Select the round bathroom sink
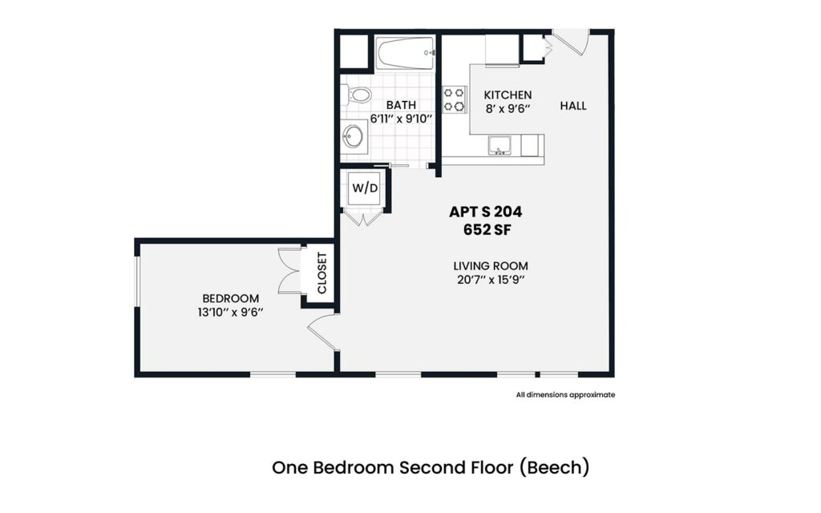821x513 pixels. point(353,135)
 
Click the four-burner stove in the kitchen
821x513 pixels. point(455,99)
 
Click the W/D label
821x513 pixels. point(364,189)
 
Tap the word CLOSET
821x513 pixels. point(322,273)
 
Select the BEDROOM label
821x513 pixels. point(231,298)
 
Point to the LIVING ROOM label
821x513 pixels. point(491,266)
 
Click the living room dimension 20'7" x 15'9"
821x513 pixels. point(491,280)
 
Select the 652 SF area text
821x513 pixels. point(487,229)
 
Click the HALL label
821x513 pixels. point(573,106)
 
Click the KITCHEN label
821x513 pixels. point(508,95)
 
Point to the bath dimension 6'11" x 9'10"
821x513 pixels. point(401,119)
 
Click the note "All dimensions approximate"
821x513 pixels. point(565,394)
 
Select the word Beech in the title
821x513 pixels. point(555,467)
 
